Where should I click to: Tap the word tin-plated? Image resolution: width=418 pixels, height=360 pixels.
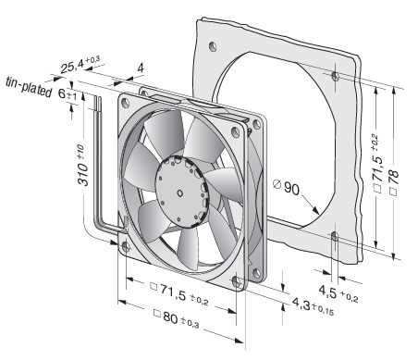[x=29, y=87]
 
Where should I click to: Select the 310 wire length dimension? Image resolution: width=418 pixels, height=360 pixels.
[x=82, y=166]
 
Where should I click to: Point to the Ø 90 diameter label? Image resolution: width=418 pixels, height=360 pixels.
[x=287, y=187]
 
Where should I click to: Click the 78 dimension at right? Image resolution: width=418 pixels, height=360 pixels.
[x=394, y=181]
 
